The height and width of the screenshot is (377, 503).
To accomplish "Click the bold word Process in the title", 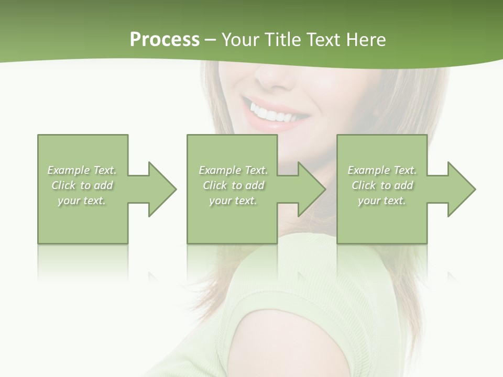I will click(165, 40).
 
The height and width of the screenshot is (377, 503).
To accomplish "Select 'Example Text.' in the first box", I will click(82, 170).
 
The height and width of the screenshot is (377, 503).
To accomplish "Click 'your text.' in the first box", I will click(82, 201).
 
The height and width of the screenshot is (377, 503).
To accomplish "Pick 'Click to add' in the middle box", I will click(233, 185).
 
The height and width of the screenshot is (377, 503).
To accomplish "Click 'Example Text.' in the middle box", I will click(233, 170).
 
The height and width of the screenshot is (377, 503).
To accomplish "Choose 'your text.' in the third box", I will click(382, 201).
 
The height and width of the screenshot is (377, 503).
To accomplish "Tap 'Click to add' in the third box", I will click(382, 185).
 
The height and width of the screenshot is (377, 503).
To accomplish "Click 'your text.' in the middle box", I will click(233, 201).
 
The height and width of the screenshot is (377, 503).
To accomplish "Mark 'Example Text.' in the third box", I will click(382, 170).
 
